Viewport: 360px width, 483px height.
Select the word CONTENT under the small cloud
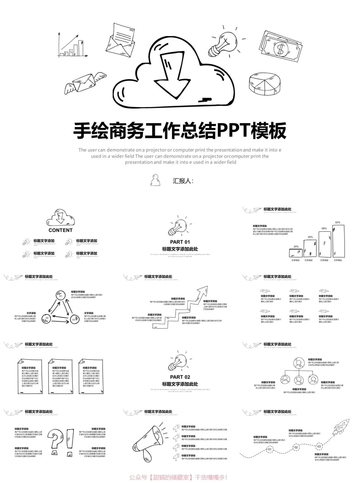click(x=60, y=230)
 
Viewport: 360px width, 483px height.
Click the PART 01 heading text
click(x=180, y=242)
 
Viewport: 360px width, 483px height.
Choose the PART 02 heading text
click(x=180, y=377)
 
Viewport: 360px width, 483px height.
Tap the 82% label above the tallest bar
click(x=338, y=222)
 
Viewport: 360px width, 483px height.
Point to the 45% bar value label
click(x=310, y=237)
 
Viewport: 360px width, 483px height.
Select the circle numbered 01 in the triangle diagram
click(x=61, y=296)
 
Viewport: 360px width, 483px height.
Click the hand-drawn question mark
click(x=55, y=440)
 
